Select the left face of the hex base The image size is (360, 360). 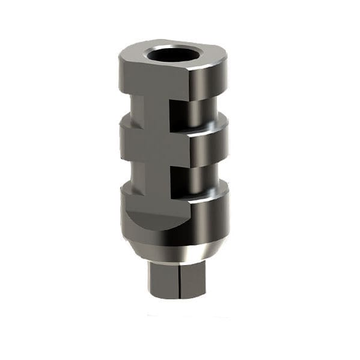[163, 280]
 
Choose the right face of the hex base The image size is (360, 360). [192, 280]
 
